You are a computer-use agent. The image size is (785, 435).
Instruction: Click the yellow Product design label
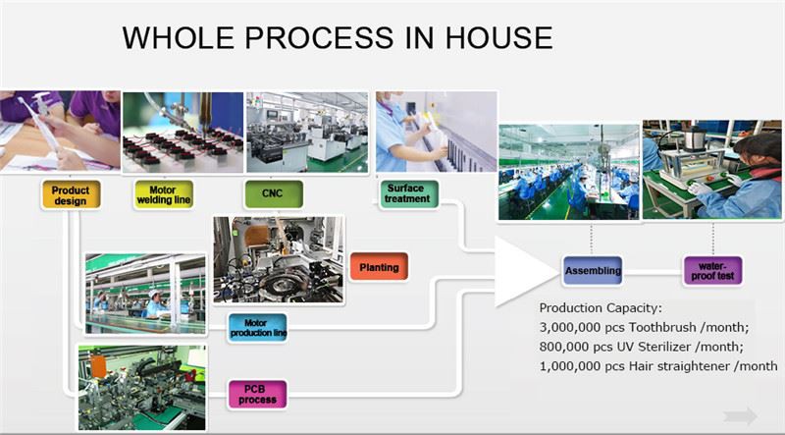click(x=70, y=194)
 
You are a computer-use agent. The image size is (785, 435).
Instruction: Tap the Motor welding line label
click(x=163, y=194)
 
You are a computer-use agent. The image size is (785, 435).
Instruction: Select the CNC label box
click(x=273, y=194)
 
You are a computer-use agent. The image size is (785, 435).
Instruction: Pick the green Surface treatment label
click(x=406, y=192)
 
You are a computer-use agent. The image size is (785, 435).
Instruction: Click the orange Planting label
click(x=378, y=266)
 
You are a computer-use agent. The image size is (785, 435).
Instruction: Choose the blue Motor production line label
click(x=257, y=328)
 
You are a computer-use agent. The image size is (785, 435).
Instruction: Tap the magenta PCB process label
click(x=257, y=394)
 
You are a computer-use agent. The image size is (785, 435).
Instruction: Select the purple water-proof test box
click(x=712, y=269)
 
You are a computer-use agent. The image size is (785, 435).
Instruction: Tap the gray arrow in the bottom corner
click(x=741, y=414)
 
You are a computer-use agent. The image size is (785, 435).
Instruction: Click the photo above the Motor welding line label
click(x=182, y=132)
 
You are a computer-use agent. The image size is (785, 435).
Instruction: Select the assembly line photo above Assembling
click(x=568, y=172)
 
